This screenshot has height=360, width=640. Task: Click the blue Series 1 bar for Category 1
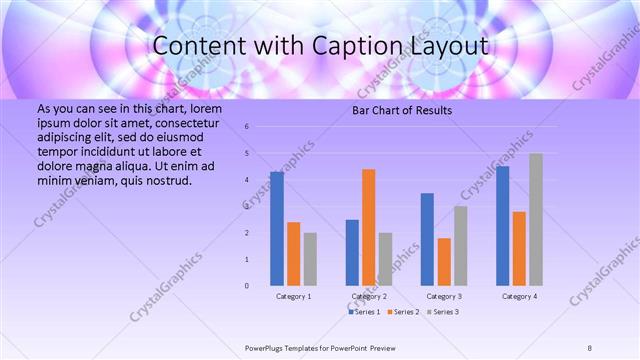coord(276,229)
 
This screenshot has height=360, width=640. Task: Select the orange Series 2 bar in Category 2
coord(368,227)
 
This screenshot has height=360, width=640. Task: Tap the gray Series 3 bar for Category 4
coord(536,220)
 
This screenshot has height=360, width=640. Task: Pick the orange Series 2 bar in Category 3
coord(443,262)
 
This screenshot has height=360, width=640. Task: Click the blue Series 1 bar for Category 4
coord(502,226)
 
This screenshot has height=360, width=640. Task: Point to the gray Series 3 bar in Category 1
coord(310,259)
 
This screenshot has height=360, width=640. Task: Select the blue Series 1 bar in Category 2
coord(352,252)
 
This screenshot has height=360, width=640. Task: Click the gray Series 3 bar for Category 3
coord(460,246)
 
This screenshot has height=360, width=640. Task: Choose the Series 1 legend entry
coord(366,312)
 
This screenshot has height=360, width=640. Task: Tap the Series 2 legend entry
coord(402,312)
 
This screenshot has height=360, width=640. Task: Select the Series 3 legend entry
coord(442,312)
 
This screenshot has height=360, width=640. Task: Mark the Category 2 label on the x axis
coord(368,297)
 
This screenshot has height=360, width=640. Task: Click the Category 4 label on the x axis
coord(519,297)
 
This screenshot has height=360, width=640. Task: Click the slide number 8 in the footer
coord(590,347)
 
